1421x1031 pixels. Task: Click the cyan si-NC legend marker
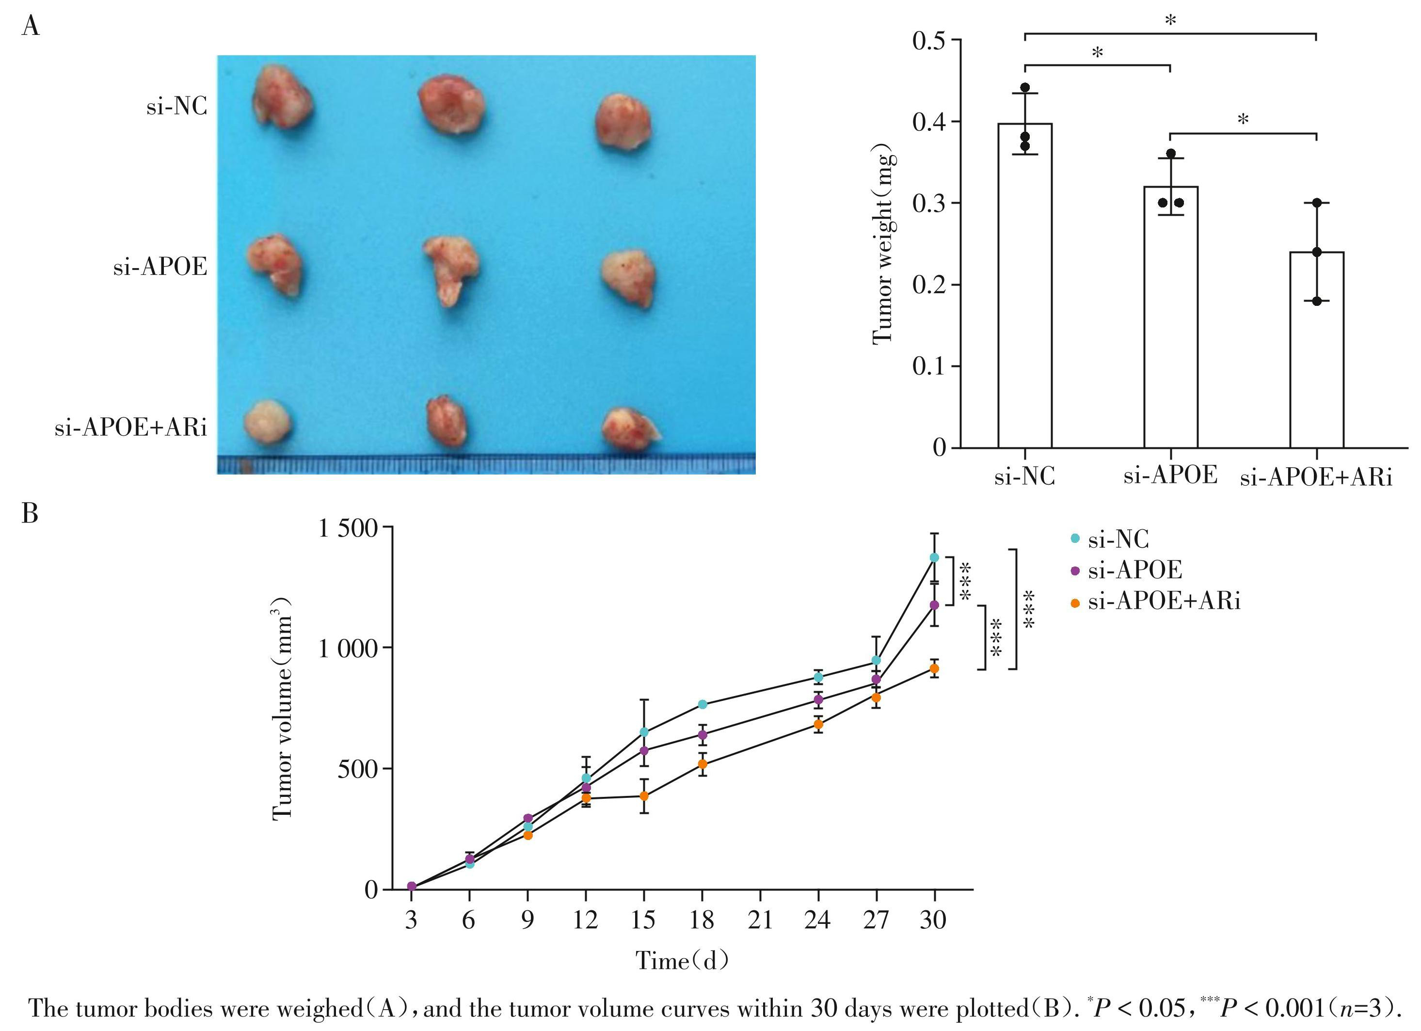pos(1075,539)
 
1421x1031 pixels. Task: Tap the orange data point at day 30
pos(934,669)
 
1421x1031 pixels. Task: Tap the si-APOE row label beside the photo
pos(160,268)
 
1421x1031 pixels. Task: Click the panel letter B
pos(30,514)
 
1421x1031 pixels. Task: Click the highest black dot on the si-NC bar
pos(1025,88)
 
